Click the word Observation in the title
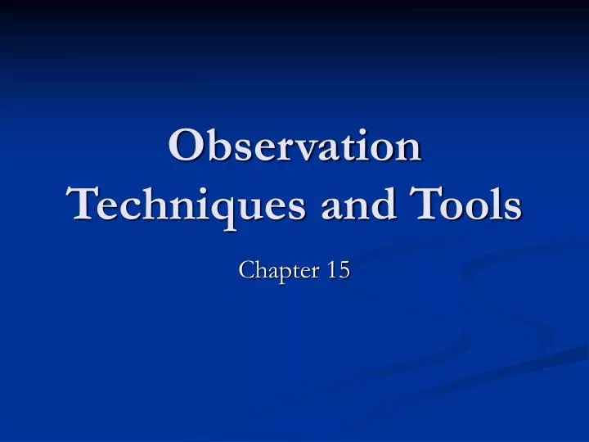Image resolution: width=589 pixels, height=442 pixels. click(294, 148)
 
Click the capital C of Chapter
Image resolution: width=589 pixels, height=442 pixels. click(246, 270)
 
